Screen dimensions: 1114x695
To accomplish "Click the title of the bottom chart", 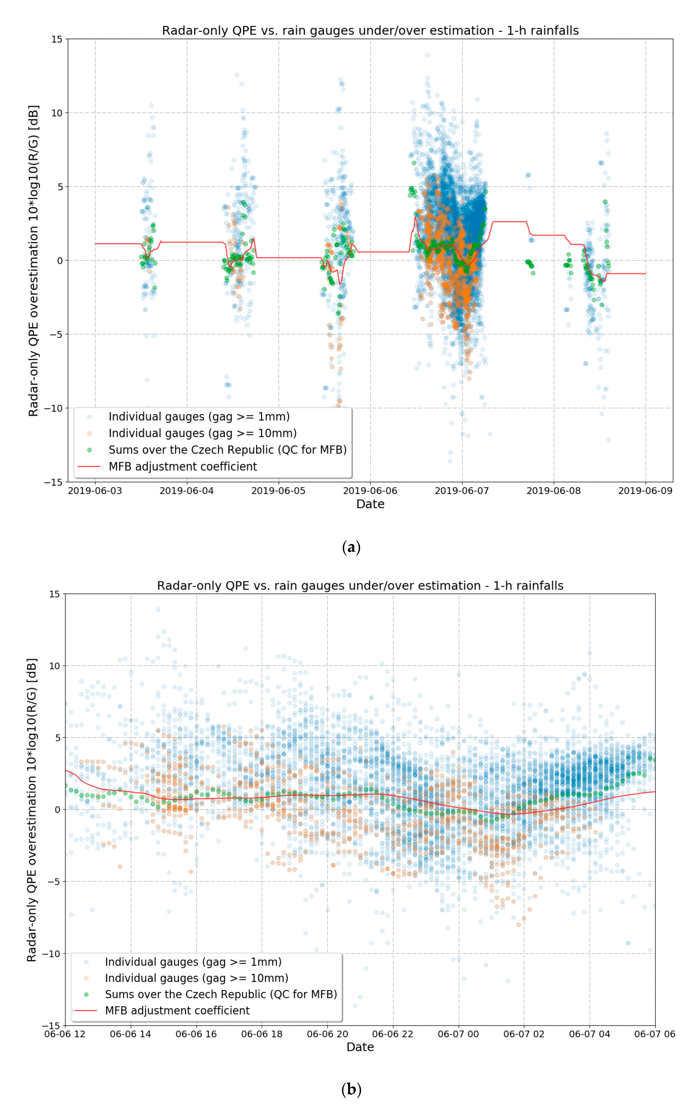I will pyautogui.click(x=360, y=585).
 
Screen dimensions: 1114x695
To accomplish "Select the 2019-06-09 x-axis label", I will pyautogui.click(x=645, y=491).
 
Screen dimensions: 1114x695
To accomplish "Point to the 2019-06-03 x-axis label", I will pyautogui.click(x=95, y=491).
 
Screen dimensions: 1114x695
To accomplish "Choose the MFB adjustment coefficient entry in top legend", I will pyautogui.click(x=182, y=466).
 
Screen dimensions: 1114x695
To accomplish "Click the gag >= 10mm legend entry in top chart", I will pyautogui.click(x=202, y=433).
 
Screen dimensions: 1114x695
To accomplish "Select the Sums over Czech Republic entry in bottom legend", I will pyautogui.click(x=221, y=994).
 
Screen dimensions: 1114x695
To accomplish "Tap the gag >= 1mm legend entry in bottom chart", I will pyautogui.click(x=193, y=962).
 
